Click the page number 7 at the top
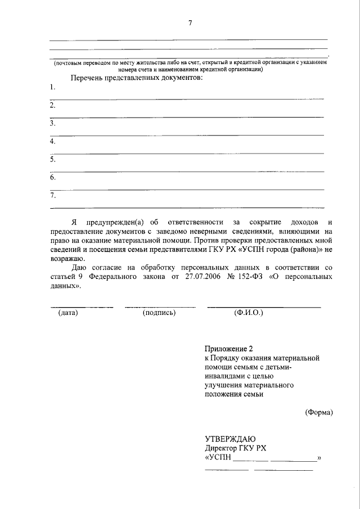coord(190,23)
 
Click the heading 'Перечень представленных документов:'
coord(136,77)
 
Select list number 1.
coord(52,87)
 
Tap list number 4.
coord(52,142)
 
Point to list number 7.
coord(52,196)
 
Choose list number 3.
coord(52,123)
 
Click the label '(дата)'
coord(68,312)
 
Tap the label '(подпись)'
coord(159,312)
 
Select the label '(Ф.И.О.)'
coord(248,312)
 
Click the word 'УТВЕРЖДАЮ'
coord(230,439)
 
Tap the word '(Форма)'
coord(319,412)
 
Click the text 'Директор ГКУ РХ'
coord(235,448)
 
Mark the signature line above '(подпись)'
coord(160,307)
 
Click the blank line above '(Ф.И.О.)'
coord(264,307)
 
